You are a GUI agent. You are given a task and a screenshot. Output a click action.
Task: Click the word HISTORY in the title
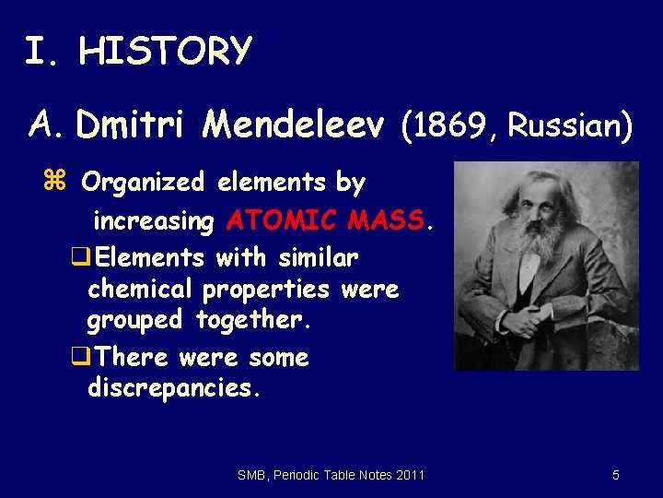(165, 51)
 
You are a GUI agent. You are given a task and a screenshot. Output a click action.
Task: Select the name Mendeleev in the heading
(295, 125)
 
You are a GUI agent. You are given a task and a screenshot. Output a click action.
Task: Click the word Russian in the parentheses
(562, 125)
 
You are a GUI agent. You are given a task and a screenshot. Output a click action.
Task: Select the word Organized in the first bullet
(142, 183)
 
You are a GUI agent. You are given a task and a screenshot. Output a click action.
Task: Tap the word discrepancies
(174, 388)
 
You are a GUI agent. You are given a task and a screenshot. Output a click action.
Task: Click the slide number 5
(616, 475)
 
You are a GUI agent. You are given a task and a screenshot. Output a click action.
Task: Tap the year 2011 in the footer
(410, 475)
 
